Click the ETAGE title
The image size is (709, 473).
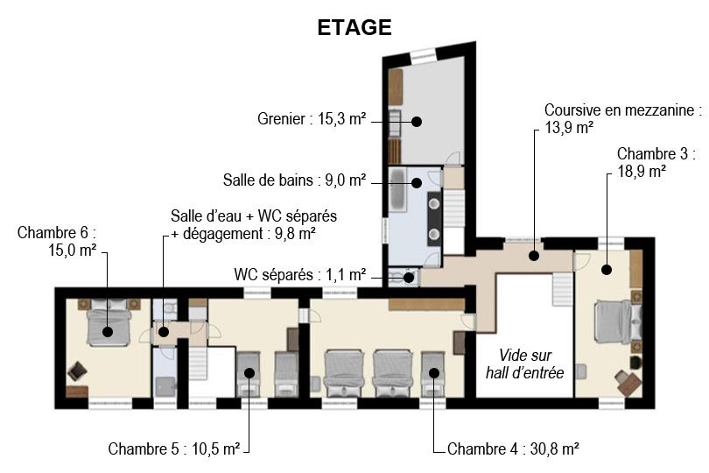pyautogui.click(x=354, y=28)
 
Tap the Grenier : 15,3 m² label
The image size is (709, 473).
pyautogui.click(x=312, y=119)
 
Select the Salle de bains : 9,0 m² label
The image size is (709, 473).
pyautogui.click(x=294, y=180)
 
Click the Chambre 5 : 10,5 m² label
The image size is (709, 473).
pyautogui.click(x=173, y=449)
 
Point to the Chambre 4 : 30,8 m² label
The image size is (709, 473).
pyautogui.click(x=513, y=449)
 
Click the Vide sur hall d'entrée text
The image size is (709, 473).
pyautogui.click(x=525, y=364)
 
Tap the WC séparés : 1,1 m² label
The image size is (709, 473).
pyautogui.click(x=299, y=274)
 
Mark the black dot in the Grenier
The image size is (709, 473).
pyautogui.click(x=417, y=121)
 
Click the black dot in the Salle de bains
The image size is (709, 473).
pyautogui.click(x=417, y=183)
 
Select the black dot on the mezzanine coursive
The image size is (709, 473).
pyautogui.click(x=534, y=255)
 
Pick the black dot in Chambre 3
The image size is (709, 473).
pyautogui.click(x=607, y=270)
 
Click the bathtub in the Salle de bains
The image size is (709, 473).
pyautogui.click(x=398, y=189)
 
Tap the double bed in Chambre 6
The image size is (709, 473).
pyautogui.click(x=108, y=323)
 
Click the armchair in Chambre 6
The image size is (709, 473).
pyautogui.click(x=77, y=371)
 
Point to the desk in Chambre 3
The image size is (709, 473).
pyautogui.click(x=629, y=384)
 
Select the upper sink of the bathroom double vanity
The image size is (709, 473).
pyautogui.click(x=434, y=203)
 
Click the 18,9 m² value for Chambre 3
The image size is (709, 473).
pyautogui.click(x=642, y=172)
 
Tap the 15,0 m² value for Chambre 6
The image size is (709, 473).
pyautogui.click(x=73, y=251)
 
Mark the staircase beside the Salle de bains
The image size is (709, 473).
pyautogui.click(x=454, y=208)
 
